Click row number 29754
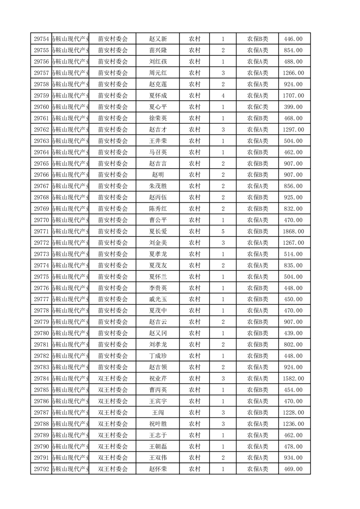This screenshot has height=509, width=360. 41,39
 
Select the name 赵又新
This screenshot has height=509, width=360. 158,39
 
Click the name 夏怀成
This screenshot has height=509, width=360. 158,96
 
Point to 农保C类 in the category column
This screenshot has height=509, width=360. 257,107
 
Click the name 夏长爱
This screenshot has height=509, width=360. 158,231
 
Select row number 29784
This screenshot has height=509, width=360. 41,378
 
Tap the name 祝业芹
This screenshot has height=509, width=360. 158,378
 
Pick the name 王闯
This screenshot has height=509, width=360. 158,412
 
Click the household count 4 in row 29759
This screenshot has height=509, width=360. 223,96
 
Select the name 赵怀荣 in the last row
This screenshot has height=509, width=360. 158,469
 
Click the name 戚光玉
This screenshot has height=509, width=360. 158,299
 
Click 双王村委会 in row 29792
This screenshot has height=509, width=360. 113,469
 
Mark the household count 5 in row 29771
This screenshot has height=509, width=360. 223,231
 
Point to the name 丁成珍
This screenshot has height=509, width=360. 158,356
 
